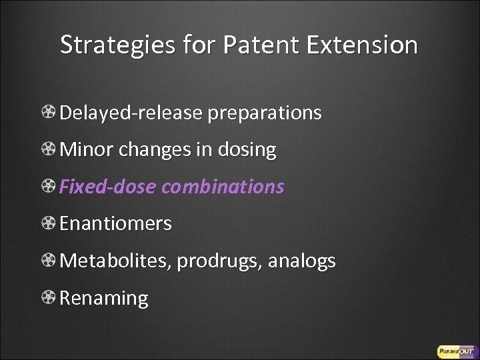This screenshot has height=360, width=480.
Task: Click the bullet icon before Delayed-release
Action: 49,113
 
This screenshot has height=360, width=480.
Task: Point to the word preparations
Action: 265,113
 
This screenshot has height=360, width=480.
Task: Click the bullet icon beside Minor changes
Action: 49,150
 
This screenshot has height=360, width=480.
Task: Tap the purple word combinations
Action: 223,187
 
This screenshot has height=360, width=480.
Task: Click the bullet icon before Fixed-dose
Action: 49,187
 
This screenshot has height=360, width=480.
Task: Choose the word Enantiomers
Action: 115,224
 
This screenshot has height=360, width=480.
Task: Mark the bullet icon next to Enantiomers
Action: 49,224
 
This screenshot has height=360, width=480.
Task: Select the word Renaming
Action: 104,298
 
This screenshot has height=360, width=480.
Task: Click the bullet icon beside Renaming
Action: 49,298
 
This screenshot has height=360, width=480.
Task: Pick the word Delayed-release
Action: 131,113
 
